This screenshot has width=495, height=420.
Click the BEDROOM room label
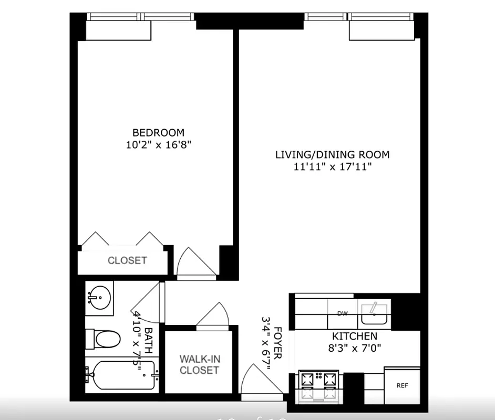[x=158, y=133]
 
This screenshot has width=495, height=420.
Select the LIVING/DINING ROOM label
[x=333, y=155]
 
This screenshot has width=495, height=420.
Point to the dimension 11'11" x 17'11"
[x=333, y=167]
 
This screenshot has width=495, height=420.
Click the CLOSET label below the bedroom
[x=127, y=260]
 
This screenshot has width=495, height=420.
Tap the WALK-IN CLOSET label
[x=199, y=364]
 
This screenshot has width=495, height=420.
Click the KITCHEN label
[x=354, y=336]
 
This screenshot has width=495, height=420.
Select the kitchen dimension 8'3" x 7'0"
[x=354, y=347]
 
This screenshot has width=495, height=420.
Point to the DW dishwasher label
[x=343, y=314]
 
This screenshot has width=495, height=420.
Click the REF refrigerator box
[x=402, y=386]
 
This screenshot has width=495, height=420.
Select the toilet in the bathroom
[x=105, y=339]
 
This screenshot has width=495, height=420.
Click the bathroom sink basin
[x=99, y=298]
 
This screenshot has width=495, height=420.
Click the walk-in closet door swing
[x=214, y=316]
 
